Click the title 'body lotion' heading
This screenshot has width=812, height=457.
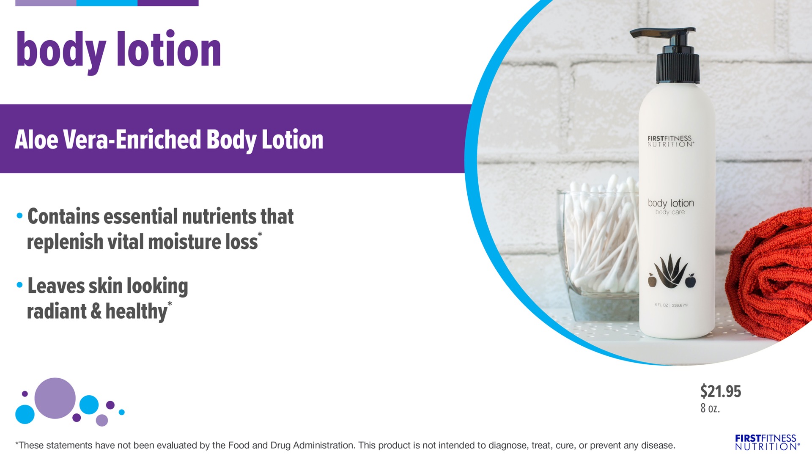118,51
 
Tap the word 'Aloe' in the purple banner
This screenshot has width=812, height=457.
36,140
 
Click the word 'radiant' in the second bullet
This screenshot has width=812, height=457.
57,311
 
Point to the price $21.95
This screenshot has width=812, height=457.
721,391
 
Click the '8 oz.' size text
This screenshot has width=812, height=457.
710,408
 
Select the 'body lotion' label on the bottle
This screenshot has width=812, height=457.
671,203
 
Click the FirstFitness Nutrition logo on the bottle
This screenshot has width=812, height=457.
670,141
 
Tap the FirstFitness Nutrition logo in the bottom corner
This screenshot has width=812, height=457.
767,442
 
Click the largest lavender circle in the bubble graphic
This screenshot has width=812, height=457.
55,398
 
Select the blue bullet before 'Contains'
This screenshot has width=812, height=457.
19,216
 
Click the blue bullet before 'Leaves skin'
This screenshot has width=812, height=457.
19,285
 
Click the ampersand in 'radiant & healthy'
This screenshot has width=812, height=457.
96,311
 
